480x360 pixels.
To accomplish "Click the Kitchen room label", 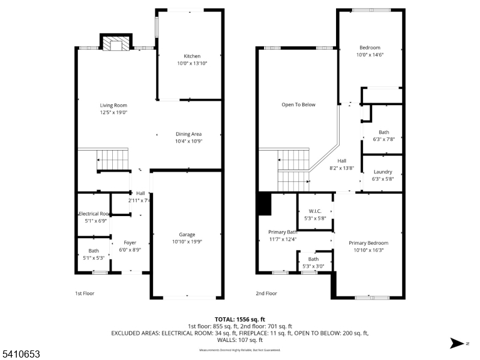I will (192, 56).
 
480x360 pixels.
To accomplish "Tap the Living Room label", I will (113, 105).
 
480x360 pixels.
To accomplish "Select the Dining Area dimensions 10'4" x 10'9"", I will (188, 141).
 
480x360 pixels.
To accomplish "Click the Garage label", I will (187, 235).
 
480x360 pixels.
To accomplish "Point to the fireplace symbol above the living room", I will (115, 44).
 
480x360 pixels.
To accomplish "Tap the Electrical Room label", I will (94, 214).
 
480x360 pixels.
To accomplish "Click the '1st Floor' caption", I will (84, 293).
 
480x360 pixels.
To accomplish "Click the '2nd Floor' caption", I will (266, 293).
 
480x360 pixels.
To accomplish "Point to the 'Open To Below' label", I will (298, 104).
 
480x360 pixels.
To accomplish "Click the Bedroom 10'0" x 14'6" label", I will (370, 47).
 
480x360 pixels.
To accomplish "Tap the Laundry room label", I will (383, 172).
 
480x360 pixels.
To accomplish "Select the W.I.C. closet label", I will (315, 211).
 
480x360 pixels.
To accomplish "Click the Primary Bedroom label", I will (368, 243).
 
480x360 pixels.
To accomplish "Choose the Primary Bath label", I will (283, 232).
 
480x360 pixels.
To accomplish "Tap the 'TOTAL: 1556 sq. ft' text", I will (240, 319).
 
